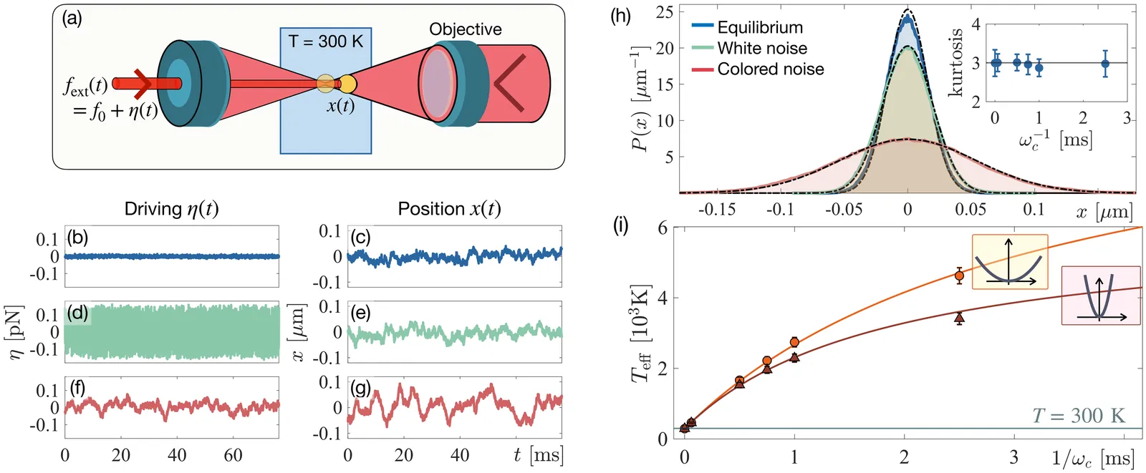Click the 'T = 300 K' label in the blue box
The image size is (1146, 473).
[x=326, y=42]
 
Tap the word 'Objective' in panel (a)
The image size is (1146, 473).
[x=466, y=29]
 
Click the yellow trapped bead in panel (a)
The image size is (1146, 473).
[x=347, y=84]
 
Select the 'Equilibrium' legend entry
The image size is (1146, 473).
[x=760, y=27]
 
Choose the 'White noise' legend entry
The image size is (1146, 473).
[x=762, y=48]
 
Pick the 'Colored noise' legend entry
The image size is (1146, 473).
[x=771, y=69]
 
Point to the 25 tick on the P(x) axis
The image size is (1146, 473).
[x=664, y=11]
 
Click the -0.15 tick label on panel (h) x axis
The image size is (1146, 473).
[x=716, y=209]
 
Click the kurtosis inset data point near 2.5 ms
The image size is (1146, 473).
[x=1105, y=64]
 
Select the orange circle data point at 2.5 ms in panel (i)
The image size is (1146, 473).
[x=960, y=275]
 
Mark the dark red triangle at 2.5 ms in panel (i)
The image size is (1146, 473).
[x=960, y=318]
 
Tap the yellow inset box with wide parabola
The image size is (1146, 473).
[x=1010, y=262]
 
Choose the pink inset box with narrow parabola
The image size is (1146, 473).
[x=1101, y=296]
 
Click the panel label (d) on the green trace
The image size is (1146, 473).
[x=77, y=313]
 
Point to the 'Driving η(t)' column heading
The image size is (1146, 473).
[x=171, y=209]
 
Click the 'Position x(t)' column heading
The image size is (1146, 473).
[x=449, y=209]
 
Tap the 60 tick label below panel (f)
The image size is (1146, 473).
[x=233, y=455]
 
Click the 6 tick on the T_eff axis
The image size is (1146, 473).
[x=663, y=228]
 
